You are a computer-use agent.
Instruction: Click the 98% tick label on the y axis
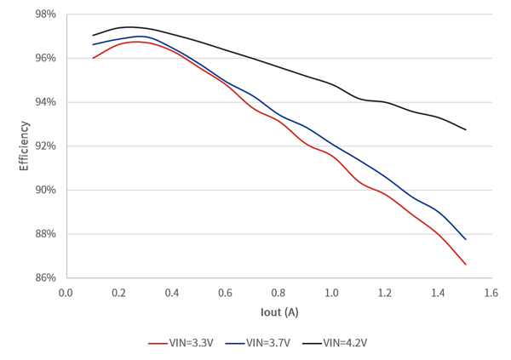coord(46,14)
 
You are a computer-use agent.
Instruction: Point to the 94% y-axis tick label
coord(46,102)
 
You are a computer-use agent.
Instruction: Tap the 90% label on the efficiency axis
coord(46,190)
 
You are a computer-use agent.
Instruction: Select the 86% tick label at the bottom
coord(46,278)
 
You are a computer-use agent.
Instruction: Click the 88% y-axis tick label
coord(46,234)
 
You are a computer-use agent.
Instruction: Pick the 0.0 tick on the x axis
coord(66,293)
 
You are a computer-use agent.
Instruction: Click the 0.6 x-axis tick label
coord(225,293)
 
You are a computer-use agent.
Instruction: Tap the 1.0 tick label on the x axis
coord(331,293)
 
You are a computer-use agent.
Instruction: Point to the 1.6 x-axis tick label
coord(491,293)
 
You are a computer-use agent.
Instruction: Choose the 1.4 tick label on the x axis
coord(438,293)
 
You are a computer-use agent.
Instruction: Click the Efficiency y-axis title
coord(24,146)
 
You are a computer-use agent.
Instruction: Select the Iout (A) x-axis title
coord(279,312)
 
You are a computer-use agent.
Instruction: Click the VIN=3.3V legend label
coord(191,343)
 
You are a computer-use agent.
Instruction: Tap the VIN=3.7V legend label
coord(268,343)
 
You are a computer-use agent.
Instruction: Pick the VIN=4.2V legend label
coord(345,343)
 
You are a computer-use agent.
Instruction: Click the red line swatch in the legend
coord(158,343)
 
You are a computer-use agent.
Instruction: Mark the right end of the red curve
coord(466,264)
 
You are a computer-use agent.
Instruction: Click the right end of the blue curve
coord(466,239)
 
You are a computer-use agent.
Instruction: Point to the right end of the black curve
coord(466,129)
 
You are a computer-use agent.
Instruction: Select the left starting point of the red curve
coord(93,58)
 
